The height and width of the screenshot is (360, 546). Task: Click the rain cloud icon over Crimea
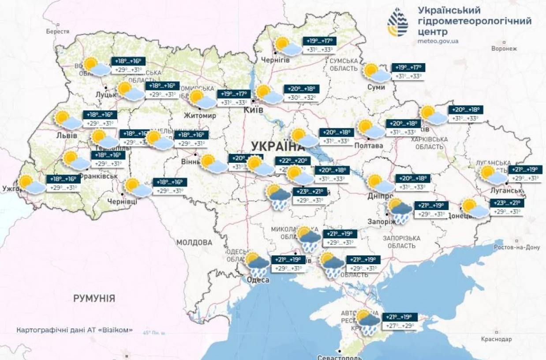coord(369,322)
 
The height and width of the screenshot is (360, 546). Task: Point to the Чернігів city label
coord(275,60)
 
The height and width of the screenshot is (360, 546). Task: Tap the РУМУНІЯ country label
coord(94,299)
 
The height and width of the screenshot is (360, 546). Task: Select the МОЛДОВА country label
coord(194,243)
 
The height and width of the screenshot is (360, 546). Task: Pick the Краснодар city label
coord(497,339)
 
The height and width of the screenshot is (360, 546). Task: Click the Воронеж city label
coord(504,49)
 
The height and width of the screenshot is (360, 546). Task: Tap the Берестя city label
coord(58,32)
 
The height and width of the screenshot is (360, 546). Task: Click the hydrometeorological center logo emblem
coord(398,22)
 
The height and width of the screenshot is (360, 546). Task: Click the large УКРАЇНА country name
coord(278,146)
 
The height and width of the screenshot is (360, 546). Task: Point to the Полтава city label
coord(368,146)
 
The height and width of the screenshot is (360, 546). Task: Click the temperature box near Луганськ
coord(525,174)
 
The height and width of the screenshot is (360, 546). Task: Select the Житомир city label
coord(200,116)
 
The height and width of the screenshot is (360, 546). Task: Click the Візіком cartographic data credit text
coord(75,330)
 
